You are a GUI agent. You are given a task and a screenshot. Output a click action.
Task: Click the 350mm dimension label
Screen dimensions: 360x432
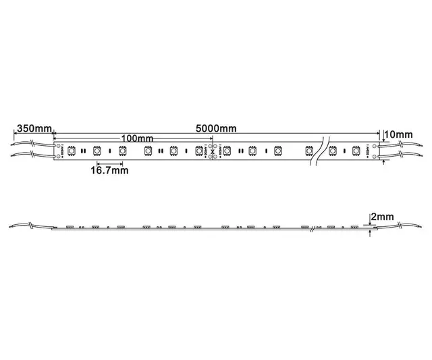pyautogui.click(x=33, y=128)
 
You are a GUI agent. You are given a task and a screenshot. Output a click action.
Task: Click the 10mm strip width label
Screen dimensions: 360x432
pyautogui.click(x=400, y=135)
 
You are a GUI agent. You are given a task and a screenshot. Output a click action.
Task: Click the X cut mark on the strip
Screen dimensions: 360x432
pyautogui.click(x=211, y=151)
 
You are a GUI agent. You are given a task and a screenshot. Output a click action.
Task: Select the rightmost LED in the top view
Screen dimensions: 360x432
pyautogui.click(x=356, y=151)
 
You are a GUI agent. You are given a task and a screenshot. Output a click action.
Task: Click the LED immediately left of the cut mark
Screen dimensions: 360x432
pyautogui.click(x=199, y=151)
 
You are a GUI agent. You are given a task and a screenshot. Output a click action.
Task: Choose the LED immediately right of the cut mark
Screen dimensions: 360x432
pyautogui.click(x=227, y=151)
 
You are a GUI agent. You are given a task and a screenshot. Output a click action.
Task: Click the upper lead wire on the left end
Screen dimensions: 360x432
pyautogui.click(x=30, y=144)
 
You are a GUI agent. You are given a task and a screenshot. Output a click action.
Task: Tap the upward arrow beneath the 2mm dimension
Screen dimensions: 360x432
pyautogui.click(x=370, y=234)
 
